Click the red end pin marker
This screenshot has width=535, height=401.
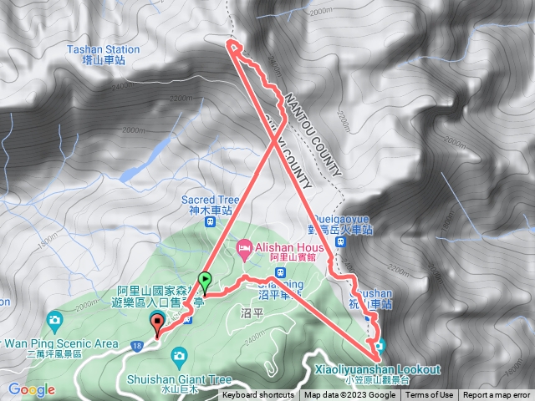coord(157,322)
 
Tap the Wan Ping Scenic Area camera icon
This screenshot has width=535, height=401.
coord(54,320)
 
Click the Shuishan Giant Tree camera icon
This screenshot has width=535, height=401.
coord(178,357)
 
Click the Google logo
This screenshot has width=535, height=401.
coord(31,389)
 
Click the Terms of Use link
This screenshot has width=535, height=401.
coord(430,395)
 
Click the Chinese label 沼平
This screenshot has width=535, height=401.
coord(252,312)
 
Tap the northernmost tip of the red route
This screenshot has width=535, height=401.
coord(231,42)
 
